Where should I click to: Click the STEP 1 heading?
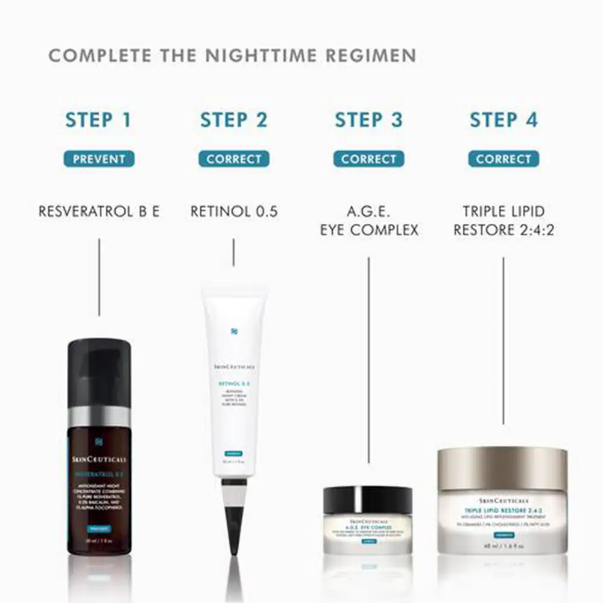(98, 119)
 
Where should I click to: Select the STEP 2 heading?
(233, 119)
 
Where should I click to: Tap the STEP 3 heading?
(368, 119)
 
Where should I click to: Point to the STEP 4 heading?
(504, 119)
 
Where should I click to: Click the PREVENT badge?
(99, 159)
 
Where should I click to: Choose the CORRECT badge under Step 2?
(234, 159)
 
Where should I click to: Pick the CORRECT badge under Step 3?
(368, 159)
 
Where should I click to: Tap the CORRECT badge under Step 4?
(504, 159)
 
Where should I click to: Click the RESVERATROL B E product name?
(99, 212)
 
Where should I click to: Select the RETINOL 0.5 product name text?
(234, 212)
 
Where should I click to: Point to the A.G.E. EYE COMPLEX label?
(368, 221)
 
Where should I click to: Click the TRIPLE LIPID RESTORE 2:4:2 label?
(504, 221)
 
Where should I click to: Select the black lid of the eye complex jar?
(368, 500)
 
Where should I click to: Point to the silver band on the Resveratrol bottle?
(99, 417)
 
